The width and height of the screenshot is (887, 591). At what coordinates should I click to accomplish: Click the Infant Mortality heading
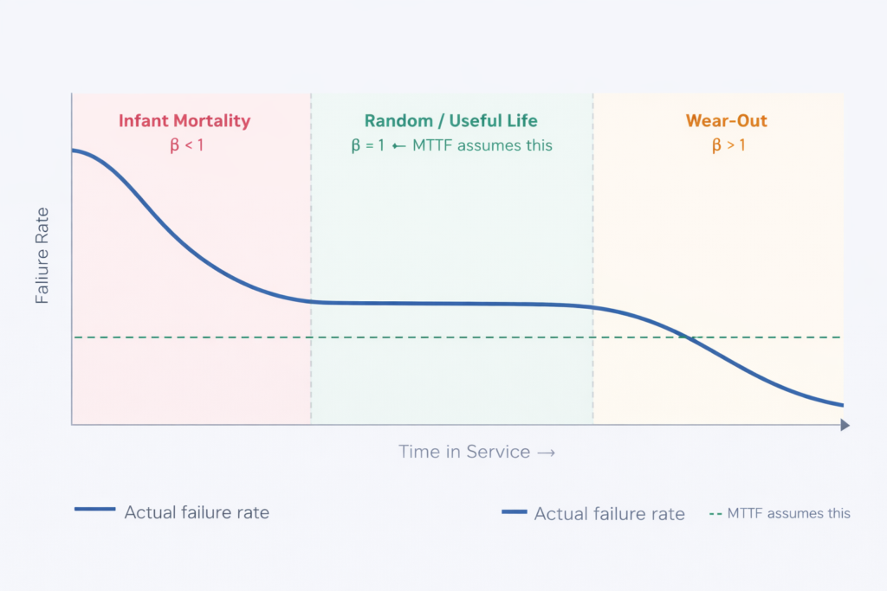pyautogui.click(x=184, y=121)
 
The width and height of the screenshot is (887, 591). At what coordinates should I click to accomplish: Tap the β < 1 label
pyautogui.click(x=186, y=145)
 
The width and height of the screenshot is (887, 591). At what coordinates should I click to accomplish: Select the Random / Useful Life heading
pyautogui.click(x=451, y=121)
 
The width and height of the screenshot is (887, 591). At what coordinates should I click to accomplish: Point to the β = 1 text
pyautogui.click(x=367, y=145)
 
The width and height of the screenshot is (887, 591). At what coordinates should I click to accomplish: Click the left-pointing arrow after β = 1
pyautogui.click(x=399, y=145)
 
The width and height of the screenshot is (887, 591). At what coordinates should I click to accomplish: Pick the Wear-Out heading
pyautogui.click(x=727, y=121)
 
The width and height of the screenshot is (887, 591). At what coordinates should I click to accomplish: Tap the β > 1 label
pyautogui.click(x=728, y=145)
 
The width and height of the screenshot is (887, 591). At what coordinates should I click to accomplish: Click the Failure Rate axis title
pyautogui.click(x=42, y=255)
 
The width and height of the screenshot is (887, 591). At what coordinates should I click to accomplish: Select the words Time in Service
pyautogui.click(x=463, y=452)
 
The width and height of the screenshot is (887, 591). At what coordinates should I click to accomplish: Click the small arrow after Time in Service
pyautogui.click(x=546, y=452)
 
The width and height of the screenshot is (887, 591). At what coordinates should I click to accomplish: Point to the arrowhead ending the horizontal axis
pyautogui.click(x=845, y=425)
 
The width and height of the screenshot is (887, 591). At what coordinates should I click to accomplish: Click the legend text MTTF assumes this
pyautogui.click(x=789, y=513)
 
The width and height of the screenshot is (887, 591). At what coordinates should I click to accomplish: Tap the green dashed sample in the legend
pyautogui.click(x=715, y=513)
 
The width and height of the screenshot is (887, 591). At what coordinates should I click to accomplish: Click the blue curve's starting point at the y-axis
pyautogui.click(x=73, y=151)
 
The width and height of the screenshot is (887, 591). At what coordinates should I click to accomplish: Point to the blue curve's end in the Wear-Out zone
pyautogui.click(x=842, y=404)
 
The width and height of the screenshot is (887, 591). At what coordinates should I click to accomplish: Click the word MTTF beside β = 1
pyautogui.click(x=432, y=145)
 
